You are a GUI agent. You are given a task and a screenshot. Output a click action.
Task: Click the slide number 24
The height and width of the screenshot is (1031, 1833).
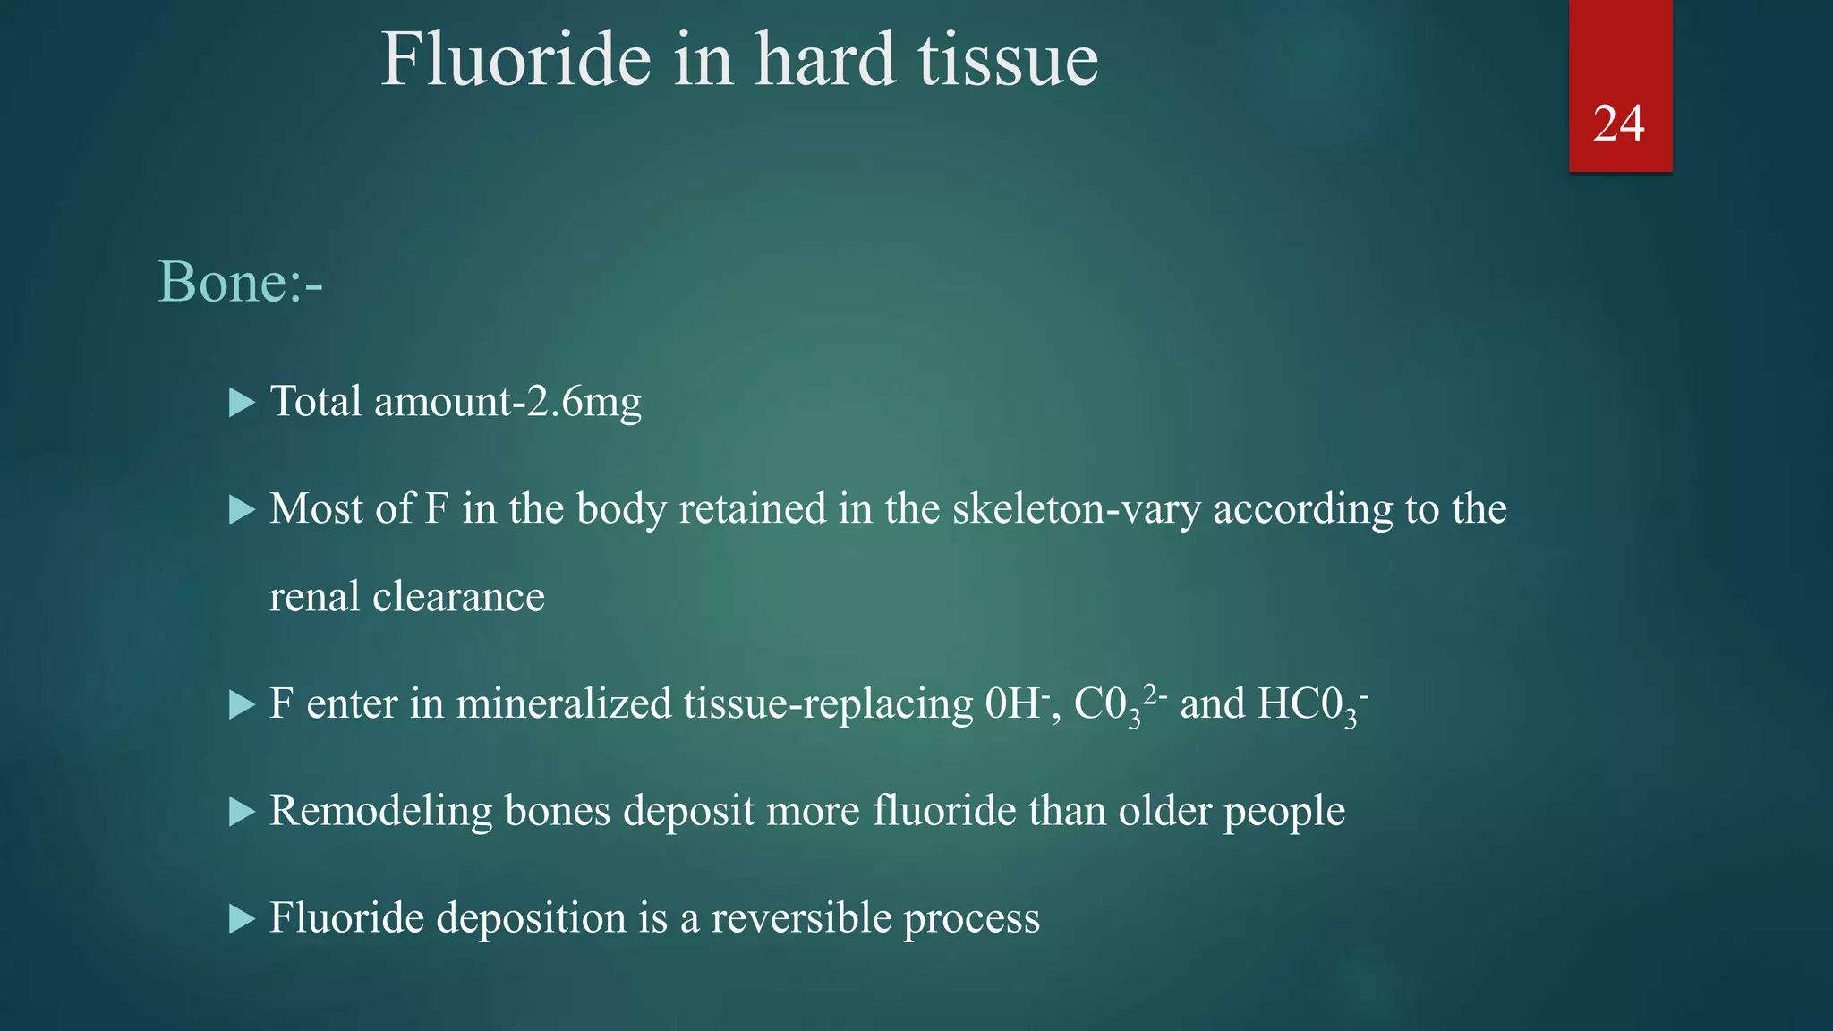1618,124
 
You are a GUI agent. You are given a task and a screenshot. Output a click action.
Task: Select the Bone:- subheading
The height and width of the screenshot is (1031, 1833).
240,282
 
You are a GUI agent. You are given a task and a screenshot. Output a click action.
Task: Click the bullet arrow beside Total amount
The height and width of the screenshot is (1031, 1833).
242,403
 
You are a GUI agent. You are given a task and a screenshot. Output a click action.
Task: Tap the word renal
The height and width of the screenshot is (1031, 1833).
314,597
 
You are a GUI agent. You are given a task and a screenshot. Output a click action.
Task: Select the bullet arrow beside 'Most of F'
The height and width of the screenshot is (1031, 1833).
242,510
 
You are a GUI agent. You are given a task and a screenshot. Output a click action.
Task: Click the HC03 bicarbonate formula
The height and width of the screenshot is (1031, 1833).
1312,704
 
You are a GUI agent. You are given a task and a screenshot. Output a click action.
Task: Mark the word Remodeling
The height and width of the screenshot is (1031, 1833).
380,811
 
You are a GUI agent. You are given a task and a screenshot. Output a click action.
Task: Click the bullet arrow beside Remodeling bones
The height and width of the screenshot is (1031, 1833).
242,812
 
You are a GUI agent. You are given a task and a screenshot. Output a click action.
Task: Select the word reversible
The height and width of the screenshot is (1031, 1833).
801,918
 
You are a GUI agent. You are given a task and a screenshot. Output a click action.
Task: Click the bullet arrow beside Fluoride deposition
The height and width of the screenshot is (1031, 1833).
242,919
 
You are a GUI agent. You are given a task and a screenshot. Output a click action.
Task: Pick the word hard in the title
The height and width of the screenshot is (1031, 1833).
824,60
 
